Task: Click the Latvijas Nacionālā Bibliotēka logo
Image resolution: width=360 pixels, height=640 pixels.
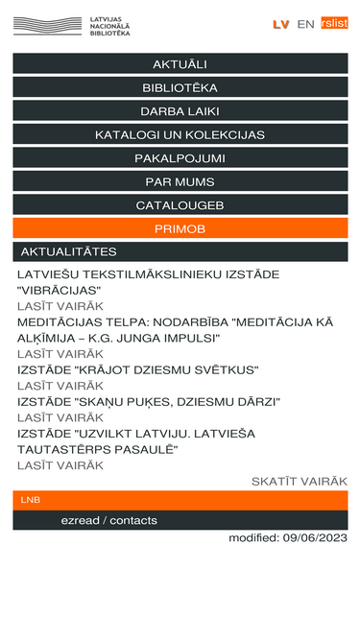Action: click(71, 25)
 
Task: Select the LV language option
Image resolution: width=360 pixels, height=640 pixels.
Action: click(280, 24)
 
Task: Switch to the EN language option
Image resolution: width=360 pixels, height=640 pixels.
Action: click(305, 24)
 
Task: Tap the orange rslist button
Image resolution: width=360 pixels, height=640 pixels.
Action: click(334, 24)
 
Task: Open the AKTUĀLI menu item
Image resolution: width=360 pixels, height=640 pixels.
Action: click(180, 64)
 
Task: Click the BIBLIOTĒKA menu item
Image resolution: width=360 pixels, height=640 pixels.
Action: click(180, 87)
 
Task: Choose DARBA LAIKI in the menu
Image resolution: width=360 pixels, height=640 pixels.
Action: click(180, 111)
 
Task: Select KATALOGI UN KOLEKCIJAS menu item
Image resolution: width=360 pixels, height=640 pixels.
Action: click(180, 134)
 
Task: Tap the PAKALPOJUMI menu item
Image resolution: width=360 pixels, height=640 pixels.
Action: click(180, 158)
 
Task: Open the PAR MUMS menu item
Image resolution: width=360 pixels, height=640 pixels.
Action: click(180, 181)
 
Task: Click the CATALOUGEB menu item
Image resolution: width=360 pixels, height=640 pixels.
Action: click(180, 205)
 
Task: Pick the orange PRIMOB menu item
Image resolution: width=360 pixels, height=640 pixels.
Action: click(180, 228)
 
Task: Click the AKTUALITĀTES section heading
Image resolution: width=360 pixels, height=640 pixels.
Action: click(69, 251)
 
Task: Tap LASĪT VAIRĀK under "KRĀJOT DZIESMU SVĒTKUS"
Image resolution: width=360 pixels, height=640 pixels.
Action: click(60, 386)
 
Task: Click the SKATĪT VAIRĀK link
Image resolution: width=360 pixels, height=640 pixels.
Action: click(299, 481)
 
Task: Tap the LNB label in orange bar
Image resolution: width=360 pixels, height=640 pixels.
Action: click(31, 500)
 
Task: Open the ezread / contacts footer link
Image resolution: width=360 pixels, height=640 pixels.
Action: click(108, 520)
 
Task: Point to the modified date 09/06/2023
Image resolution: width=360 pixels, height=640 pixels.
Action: click(287, 537)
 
